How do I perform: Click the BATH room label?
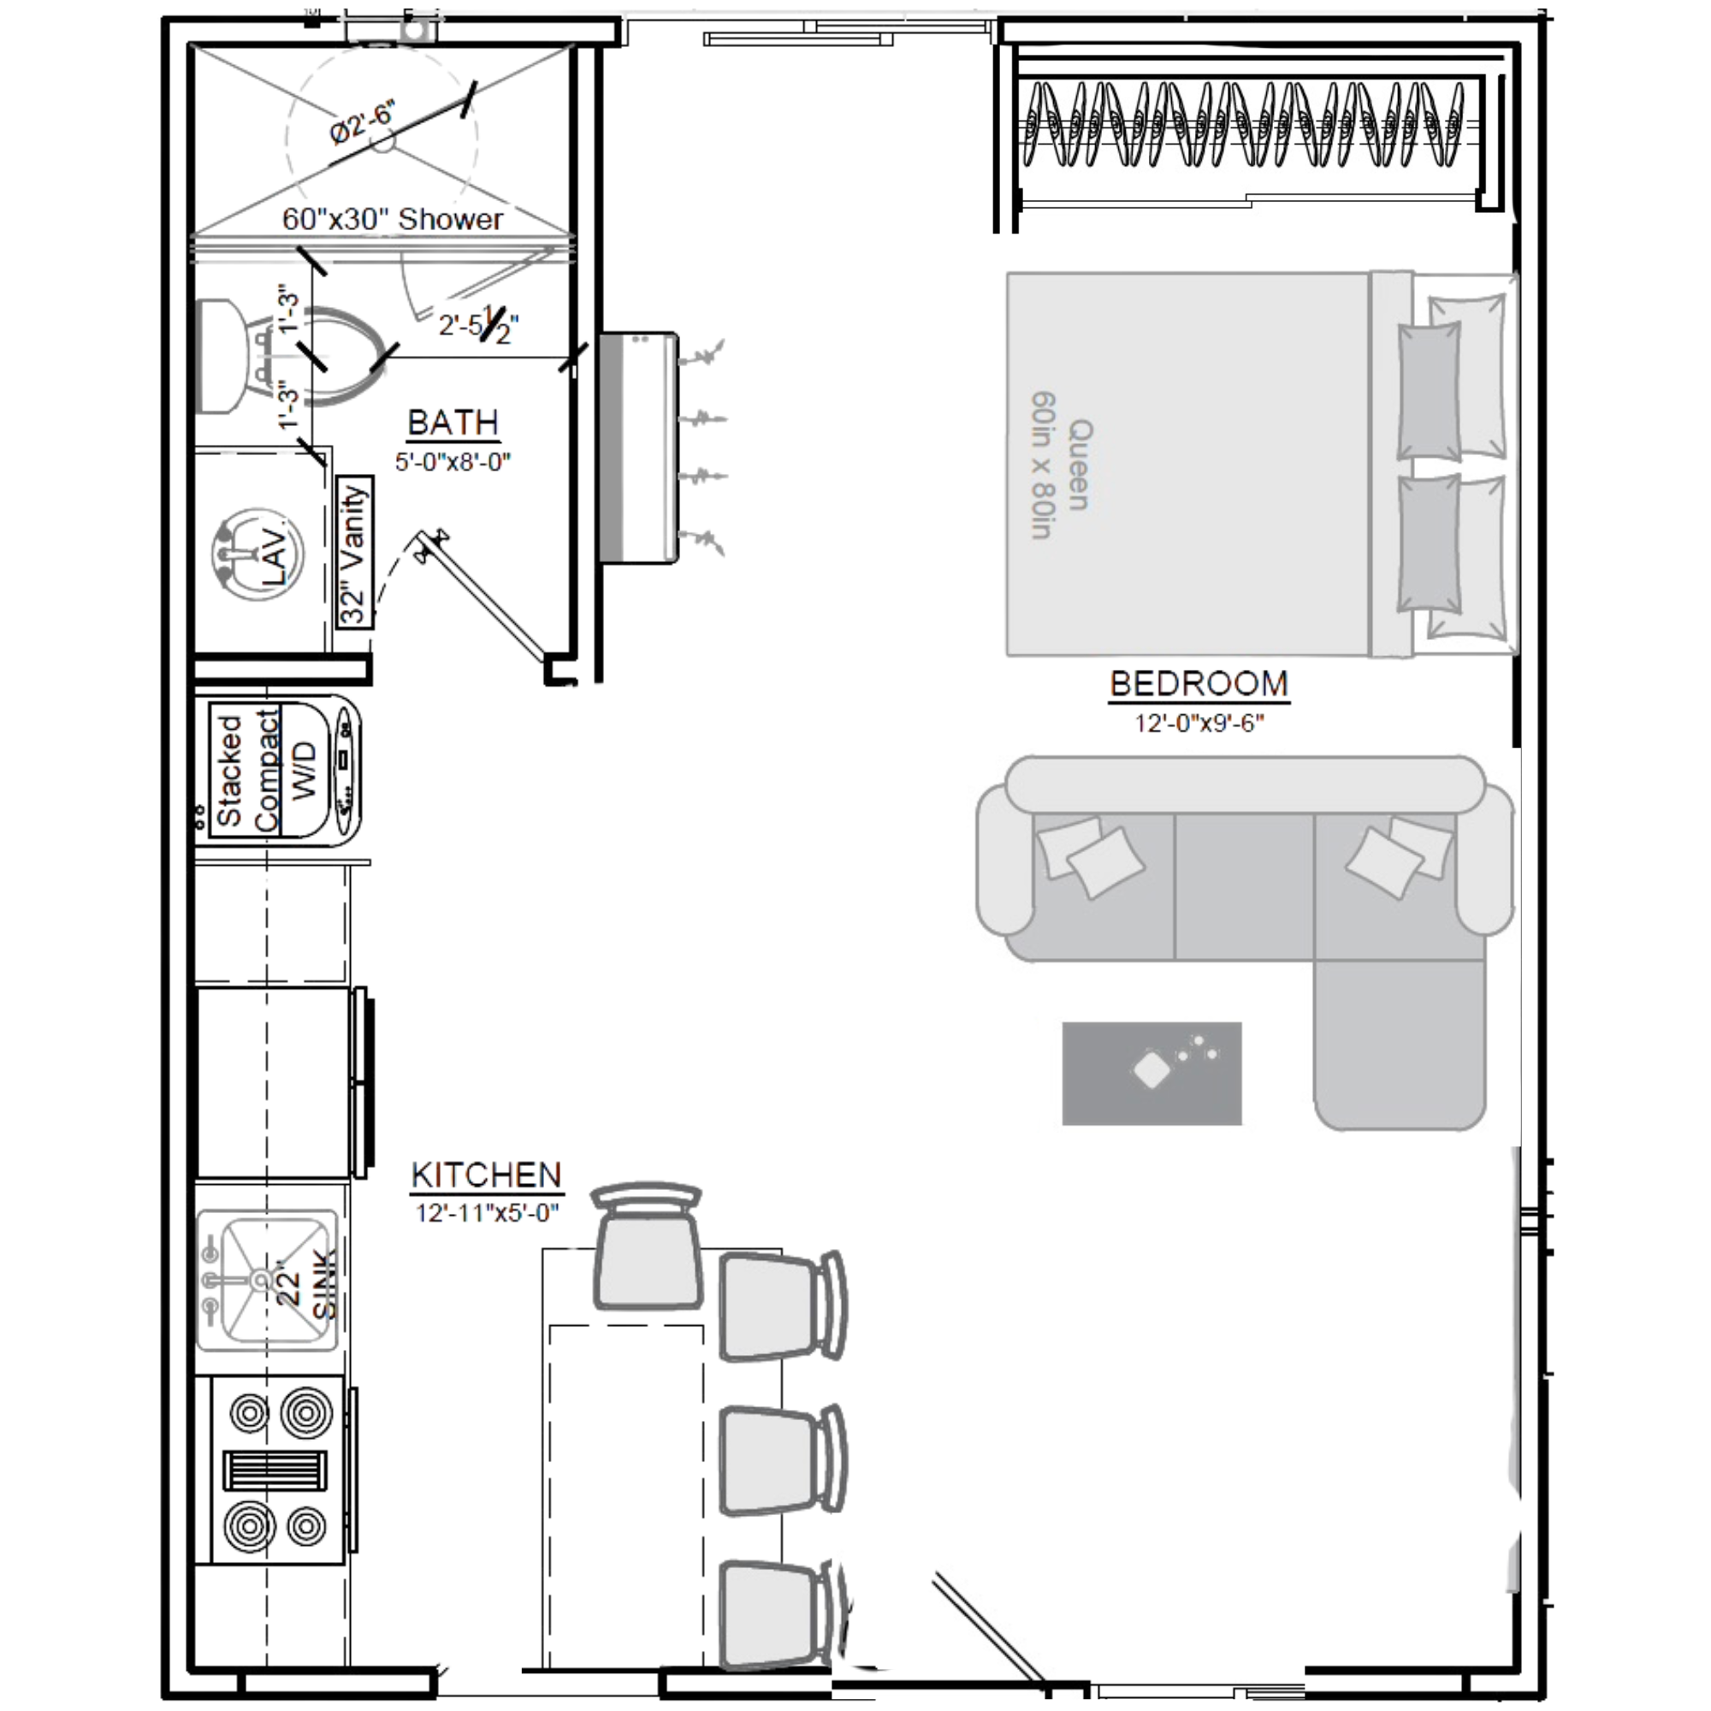click(x=453, y=423)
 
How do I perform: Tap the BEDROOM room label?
click(x=1199, y=684)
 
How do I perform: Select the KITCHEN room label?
click(x=486, y=1175)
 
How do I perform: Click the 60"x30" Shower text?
click(x=393, y=219)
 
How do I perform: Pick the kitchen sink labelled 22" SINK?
click(x=266, y=1281)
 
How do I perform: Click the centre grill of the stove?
click(x=275, y=1473)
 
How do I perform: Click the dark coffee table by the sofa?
click(x=1152, y=1074)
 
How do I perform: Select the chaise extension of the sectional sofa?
click(x=1400, y=1045)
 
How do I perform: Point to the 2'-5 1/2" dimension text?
click(x=478, y=326)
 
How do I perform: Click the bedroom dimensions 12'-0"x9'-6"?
click(x=1199, y=724)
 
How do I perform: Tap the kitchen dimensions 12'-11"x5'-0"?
click(x=487, y=1212)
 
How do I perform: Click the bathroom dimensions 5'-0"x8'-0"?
click(x=453, y=461)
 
